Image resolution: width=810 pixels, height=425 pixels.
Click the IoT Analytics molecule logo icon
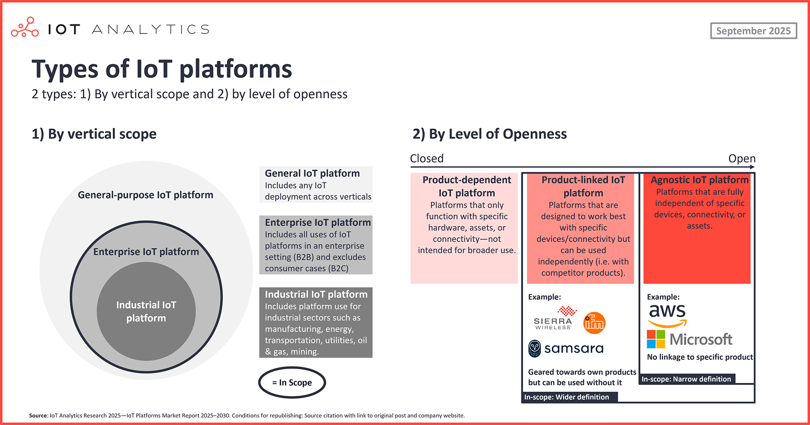coord(25,27)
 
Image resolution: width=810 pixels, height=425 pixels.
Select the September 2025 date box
coord(753,31)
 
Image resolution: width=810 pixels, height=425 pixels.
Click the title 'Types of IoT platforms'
coord(162,69)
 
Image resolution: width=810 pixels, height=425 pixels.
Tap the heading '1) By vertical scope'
coord(94,134)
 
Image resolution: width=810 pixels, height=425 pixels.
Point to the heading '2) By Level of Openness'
coord(489,134)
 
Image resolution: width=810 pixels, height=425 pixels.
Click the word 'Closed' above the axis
coord(427,159)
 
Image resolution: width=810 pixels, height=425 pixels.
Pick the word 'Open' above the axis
coord(742,159)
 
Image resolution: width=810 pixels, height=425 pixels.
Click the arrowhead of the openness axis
coord(752,167)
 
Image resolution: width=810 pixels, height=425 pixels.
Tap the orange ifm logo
coord(594,323)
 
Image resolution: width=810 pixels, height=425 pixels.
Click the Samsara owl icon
coord(535,348)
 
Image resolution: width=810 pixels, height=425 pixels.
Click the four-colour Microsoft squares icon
coord(656,339)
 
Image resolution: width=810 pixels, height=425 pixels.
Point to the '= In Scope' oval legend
coord(292,382)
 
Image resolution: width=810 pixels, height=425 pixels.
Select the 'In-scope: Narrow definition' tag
coord(686,379)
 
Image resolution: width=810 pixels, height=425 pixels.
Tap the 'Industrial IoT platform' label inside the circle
coord(146,311)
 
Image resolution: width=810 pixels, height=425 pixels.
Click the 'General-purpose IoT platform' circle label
coord(146,195)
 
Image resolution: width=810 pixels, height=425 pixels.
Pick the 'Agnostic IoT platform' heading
coord(699,180)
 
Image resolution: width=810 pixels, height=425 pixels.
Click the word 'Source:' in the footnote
coord(38,416)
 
